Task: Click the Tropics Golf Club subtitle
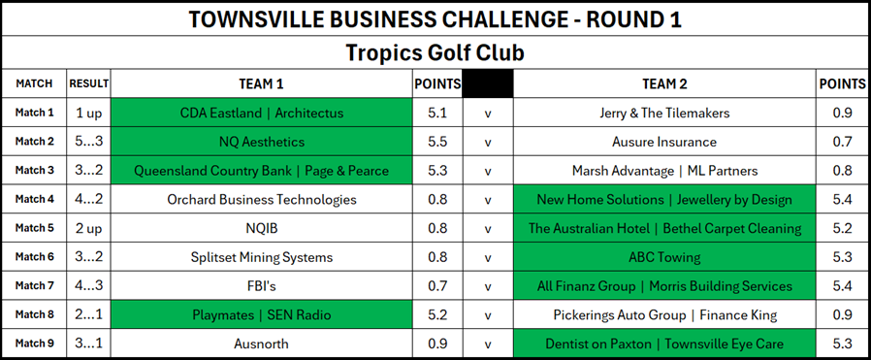pyautogui.click(x=435, y=53)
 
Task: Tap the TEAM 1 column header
pyautogui.click(x=261, y=83)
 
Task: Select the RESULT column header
pyautogui.click(x=89, y=83)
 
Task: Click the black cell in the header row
pyautogui.click(x=488, y=83)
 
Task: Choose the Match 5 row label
pyautogui.click(x=35, y=228)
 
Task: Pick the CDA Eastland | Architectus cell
pyautogui.click(x=262, y=114)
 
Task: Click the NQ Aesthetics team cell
pyautogui.click(x=262, y=142)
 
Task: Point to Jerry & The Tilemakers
pyautogui.click(x=664, y=114)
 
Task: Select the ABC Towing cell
pyautogui.click(x=664, y=257)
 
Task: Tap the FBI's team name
pyautogui.click(x=262, y=286)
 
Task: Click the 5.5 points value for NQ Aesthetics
pyautogui.click(x=437, y=142)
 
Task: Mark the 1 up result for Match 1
pyautogui.click(x=89, y=114)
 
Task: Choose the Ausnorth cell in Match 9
pyautogui.click(x=262, y=344)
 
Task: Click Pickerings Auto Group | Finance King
pyautogui.click(x=664, y=315)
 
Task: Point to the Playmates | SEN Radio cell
pyautogui.click(x=262, y=315)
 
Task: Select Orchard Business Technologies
pyautogui.click(x=262, y=200)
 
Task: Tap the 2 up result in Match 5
pyautogui.click(x=89, y=228)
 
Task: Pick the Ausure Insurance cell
pyautogui.click(x=664, y=142)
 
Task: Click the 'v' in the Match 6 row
pyautogui.click(x=488, y=258)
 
